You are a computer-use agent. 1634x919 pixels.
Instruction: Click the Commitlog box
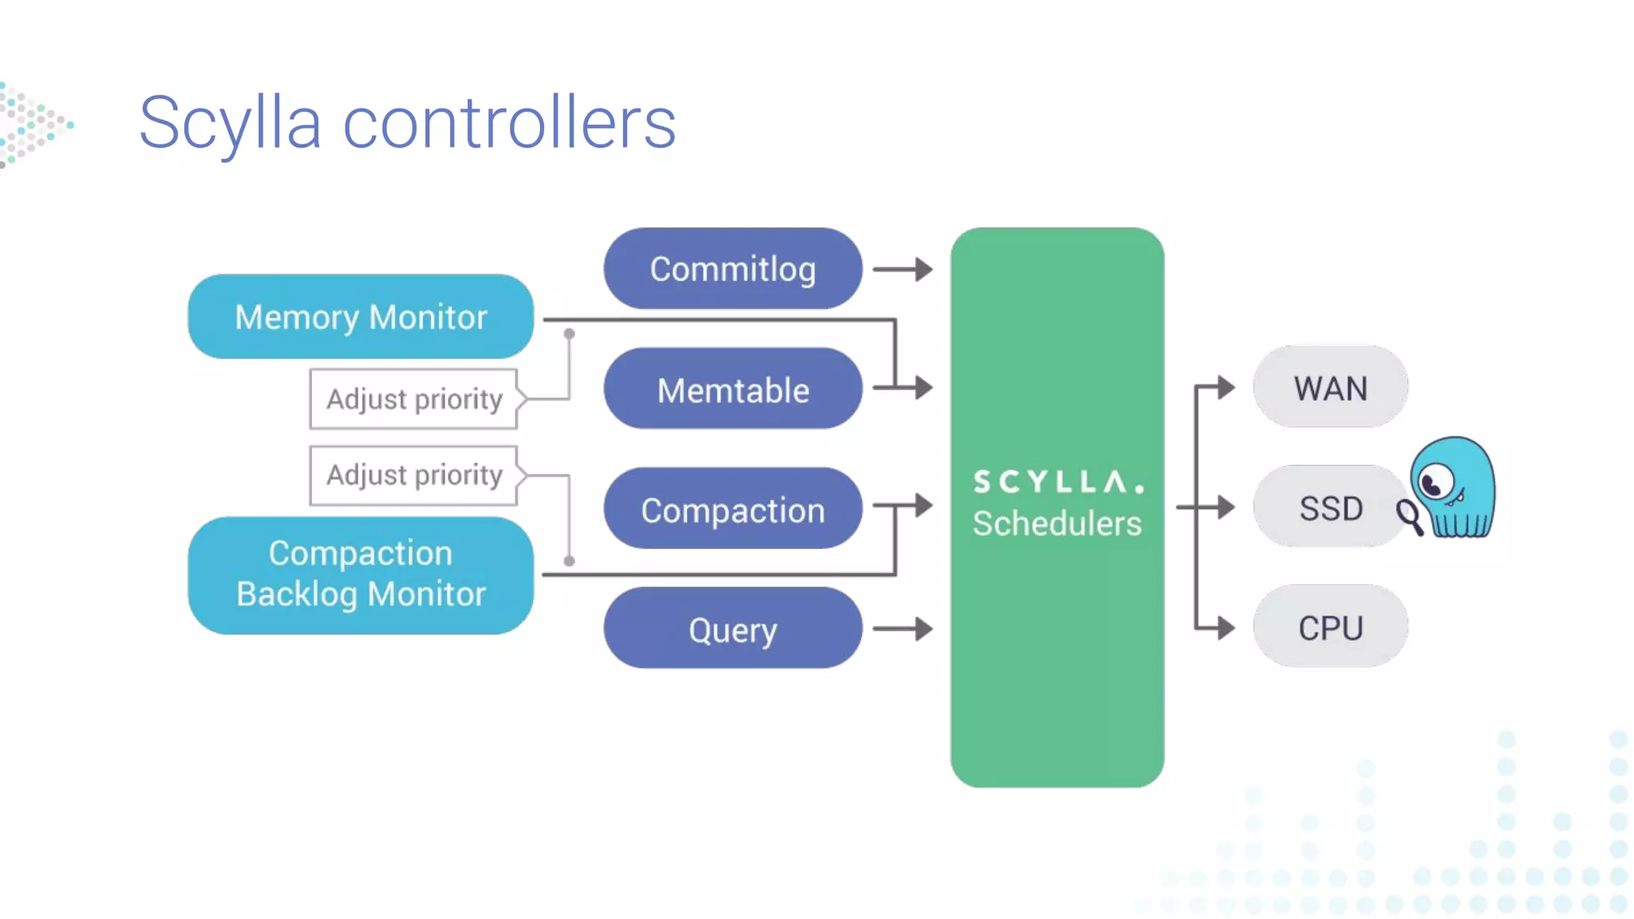tap(732, 269)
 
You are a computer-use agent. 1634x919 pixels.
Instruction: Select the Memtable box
tap(732, 389)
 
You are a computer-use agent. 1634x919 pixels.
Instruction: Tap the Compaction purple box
tap(732, 509)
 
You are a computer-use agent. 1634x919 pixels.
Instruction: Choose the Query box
tap(732, 629)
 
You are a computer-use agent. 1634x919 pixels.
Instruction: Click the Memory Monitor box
tap(361, 317)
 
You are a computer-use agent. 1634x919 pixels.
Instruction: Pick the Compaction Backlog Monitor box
tap(361, 574)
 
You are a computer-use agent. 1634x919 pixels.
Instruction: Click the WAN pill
tap(1330, 388)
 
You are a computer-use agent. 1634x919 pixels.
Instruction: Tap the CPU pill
tap(1330, 627)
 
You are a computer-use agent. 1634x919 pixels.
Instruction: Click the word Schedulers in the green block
tap(1057, 523)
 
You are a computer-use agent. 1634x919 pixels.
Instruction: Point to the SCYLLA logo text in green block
tap(1057, 482)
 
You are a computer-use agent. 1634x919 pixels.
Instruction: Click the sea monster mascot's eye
tap(1435, 483)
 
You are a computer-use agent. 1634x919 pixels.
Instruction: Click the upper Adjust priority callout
tap(414, 398)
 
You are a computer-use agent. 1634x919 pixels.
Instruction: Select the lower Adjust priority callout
tap(414, 475)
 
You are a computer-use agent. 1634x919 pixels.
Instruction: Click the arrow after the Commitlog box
tap(902, 270)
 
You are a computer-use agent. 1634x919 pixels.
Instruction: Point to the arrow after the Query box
tap(902, 629)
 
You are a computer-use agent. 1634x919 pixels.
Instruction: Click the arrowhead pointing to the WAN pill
tap(1225, 388)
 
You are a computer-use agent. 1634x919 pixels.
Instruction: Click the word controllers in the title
tap(509, 123)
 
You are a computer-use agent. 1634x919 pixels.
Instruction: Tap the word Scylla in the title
tap(230, 123)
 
